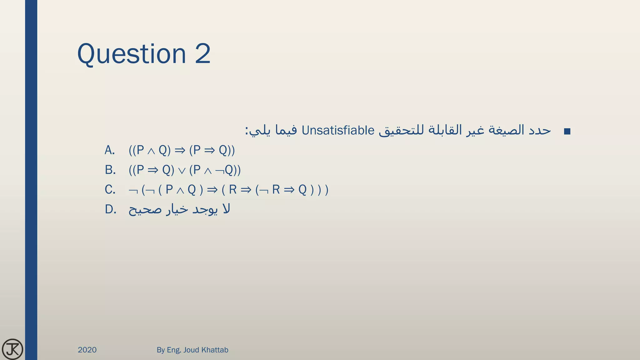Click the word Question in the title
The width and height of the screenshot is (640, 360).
[x=131, y=54]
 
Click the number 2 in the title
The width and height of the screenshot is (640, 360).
[x=203, y=54]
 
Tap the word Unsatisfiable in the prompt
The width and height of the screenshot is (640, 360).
[x=338, y=131]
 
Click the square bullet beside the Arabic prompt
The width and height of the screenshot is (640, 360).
[x=567, y=132]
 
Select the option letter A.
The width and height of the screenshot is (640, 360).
[x=109, y=150]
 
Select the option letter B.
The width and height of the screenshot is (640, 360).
[x=110, y=170]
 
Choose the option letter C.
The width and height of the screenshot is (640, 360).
[x=110, y=190]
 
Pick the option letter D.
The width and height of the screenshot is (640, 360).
[x=110, y=209]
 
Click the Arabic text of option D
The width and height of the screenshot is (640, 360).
[x=179, y=209]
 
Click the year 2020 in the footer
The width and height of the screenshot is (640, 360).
[x=87, y=350]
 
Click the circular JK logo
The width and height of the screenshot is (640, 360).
[x=12, y=349]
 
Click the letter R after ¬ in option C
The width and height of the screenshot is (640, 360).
[x=276, y=190]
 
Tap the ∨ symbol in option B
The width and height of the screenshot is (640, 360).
[x=182, y=171]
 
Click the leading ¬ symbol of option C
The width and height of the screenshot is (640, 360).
[x=133, y=190]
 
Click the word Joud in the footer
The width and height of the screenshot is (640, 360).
[x=191, y=350]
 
